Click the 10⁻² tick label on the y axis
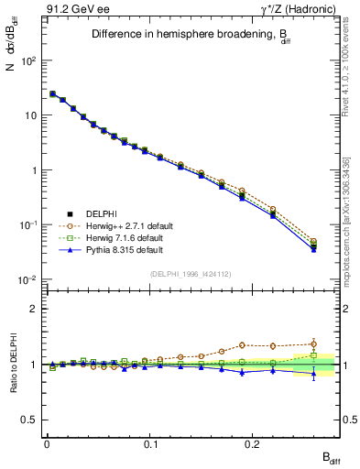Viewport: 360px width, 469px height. pyautogui.click(x=29, y=280)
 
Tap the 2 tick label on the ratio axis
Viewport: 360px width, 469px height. pyautogui.click(x=33, y=309)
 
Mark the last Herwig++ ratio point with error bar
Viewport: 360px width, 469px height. pyautogui.click(x=314, y=344)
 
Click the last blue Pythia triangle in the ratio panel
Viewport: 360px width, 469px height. pyautogui.click(x=314, y=373)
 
